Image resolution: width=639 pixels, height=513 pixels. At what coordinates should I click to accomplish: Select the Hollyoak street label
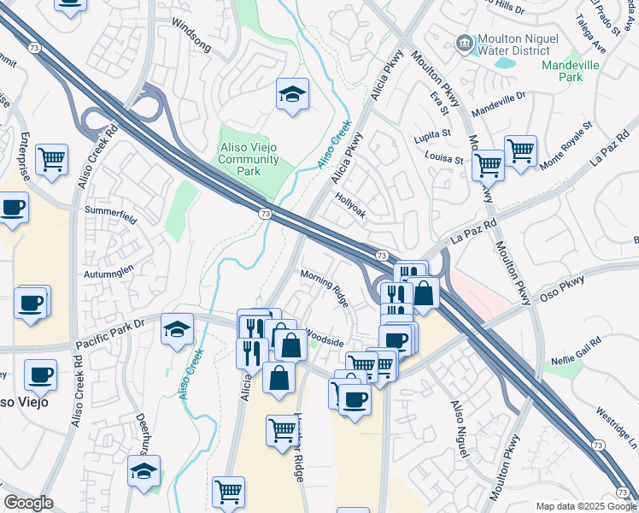350,206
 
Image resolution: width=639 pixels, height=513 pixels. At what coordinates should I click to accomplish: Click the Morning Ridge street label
325,287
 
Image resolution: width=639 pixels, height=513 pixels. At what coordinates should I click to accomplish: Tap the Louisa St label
444,158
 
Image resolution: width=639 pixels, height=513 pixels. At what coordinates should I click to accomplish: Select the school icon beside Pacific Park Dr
177,332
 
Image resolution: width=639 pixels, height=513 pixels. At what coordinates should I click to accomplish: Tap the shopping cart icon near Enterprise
52,158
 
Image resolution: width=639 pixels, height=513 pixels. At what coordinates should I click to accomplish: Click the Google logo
28,503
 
